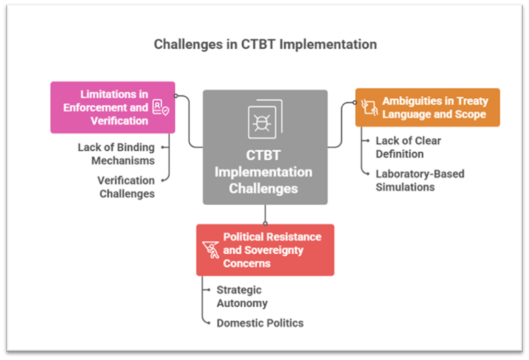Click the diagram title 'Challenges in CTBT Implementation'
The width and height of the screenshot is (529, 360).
point(264,45)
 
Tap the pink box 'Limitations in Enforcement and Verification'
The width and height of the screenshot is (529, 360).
point(113,107)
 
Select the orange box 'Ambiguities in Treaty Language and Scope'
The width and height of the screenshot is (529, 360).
point(427,107)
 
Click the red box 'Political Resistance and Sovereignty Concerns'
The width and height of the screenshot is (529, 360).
point(265,250)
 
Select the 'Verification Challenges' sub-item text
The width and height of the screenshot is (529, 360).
point(126,187)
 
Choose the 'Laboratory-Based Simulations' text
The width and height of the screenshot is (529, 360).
point(420,180)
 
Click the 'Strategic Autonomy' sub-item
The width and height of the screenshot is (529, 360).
point(242,296)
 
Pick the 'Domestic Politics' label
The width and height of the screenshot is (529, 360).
point(260,323)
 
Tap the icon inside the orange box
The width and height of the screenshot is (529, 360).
point(368,107)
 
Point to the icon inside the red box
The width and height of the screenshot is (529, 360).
point(210,249)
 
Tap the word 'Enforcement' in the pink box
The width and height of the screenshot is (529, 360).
point(95,107)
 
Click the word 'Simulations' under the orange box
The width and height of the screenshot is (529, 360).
point(405,187)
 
